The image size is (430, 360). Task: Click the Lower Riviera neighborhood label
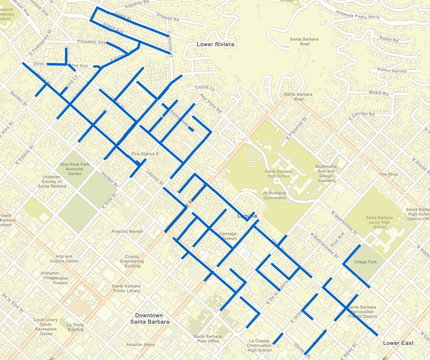tap(215, 45)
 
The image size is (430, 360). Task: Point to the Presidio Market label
tap(127, 231)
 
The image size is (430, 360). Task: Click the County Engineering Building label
tap(132, 261)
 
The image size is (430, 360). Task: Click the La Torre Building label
tap(75, 327)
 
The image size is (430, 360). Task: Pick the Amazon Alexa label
tap(140, 344)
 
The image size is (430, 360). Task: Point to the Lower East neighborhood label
tap(398, 343)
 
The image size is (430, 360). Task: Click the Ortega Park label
tap(364, 262)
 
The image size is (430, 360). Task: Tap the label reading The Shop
tap(388, 175)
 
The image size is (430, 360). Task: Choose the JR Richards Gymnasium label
tap(274, 195)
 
